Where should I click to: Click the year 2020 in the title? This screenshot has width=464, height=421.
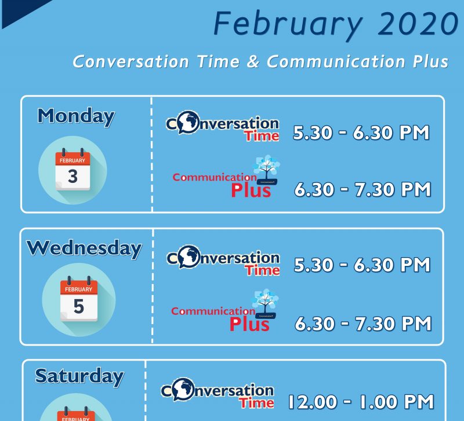tap(418, 23)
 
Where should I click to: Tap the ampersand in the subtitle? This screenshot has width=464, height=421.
tap(253, 62)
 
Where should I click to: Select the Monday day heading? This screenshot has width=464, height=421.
tap(76, 117)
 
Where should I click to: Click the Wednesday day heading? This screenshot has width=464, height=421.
tap(84, 249)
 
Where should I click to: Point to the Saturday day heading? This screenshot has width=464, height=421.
tap(79, 377)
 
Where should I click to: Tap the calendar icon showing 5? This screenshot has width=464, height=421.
tap(79, 300)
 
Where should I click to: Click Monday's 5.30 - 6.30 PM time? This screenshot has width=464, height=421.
tap(361, 132)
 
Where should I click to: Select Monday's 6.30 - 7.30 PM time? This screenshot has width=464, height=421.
tap(362, 189)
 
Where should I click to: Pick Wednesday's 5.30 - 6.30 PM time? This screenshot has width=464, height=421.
tap(362, 265)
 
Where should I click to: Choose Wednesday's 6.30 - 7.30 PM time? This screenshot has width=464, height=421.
tap(364, 323)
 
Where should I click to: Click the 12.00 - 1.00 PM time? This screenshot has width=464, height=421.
tap(361, 402)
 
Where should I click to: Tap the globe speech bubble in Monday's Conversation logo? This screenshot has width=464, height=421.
tap(188, 122)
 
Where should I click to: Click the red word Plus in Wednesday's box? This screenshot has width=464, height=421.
tap(249, 324)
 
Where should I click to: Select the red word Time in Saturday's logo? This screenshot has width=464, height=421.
tap(256, 403)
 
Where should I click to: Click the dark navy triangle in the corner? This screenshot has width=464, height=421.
tap(18, 10)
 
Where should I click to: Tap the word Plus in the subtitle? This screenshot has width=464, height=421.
tap(430, 62)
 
